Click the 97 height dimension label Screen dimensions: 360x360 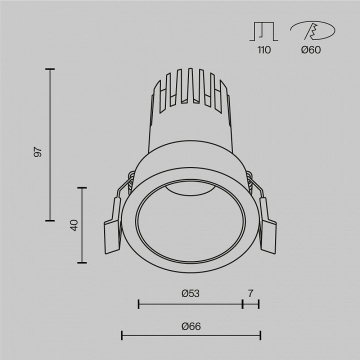click(38, 152)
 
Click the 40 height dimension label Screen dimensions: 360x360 click(74, 225)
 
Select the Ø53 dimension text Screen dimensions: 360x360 click(190, 293)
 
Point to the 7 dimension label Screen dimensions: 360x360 click(250, 293)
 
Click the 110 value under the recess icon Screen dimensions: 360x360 click(263, 49)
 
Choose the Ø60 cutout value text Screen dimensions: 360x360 click(311, 49)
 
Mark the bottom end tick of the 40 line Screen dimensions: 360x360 click(82, 262)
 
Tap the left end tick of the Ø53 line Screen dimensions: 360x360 click(138, 303)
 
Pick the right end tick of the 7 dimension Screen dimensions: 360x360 click(259, 303)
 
